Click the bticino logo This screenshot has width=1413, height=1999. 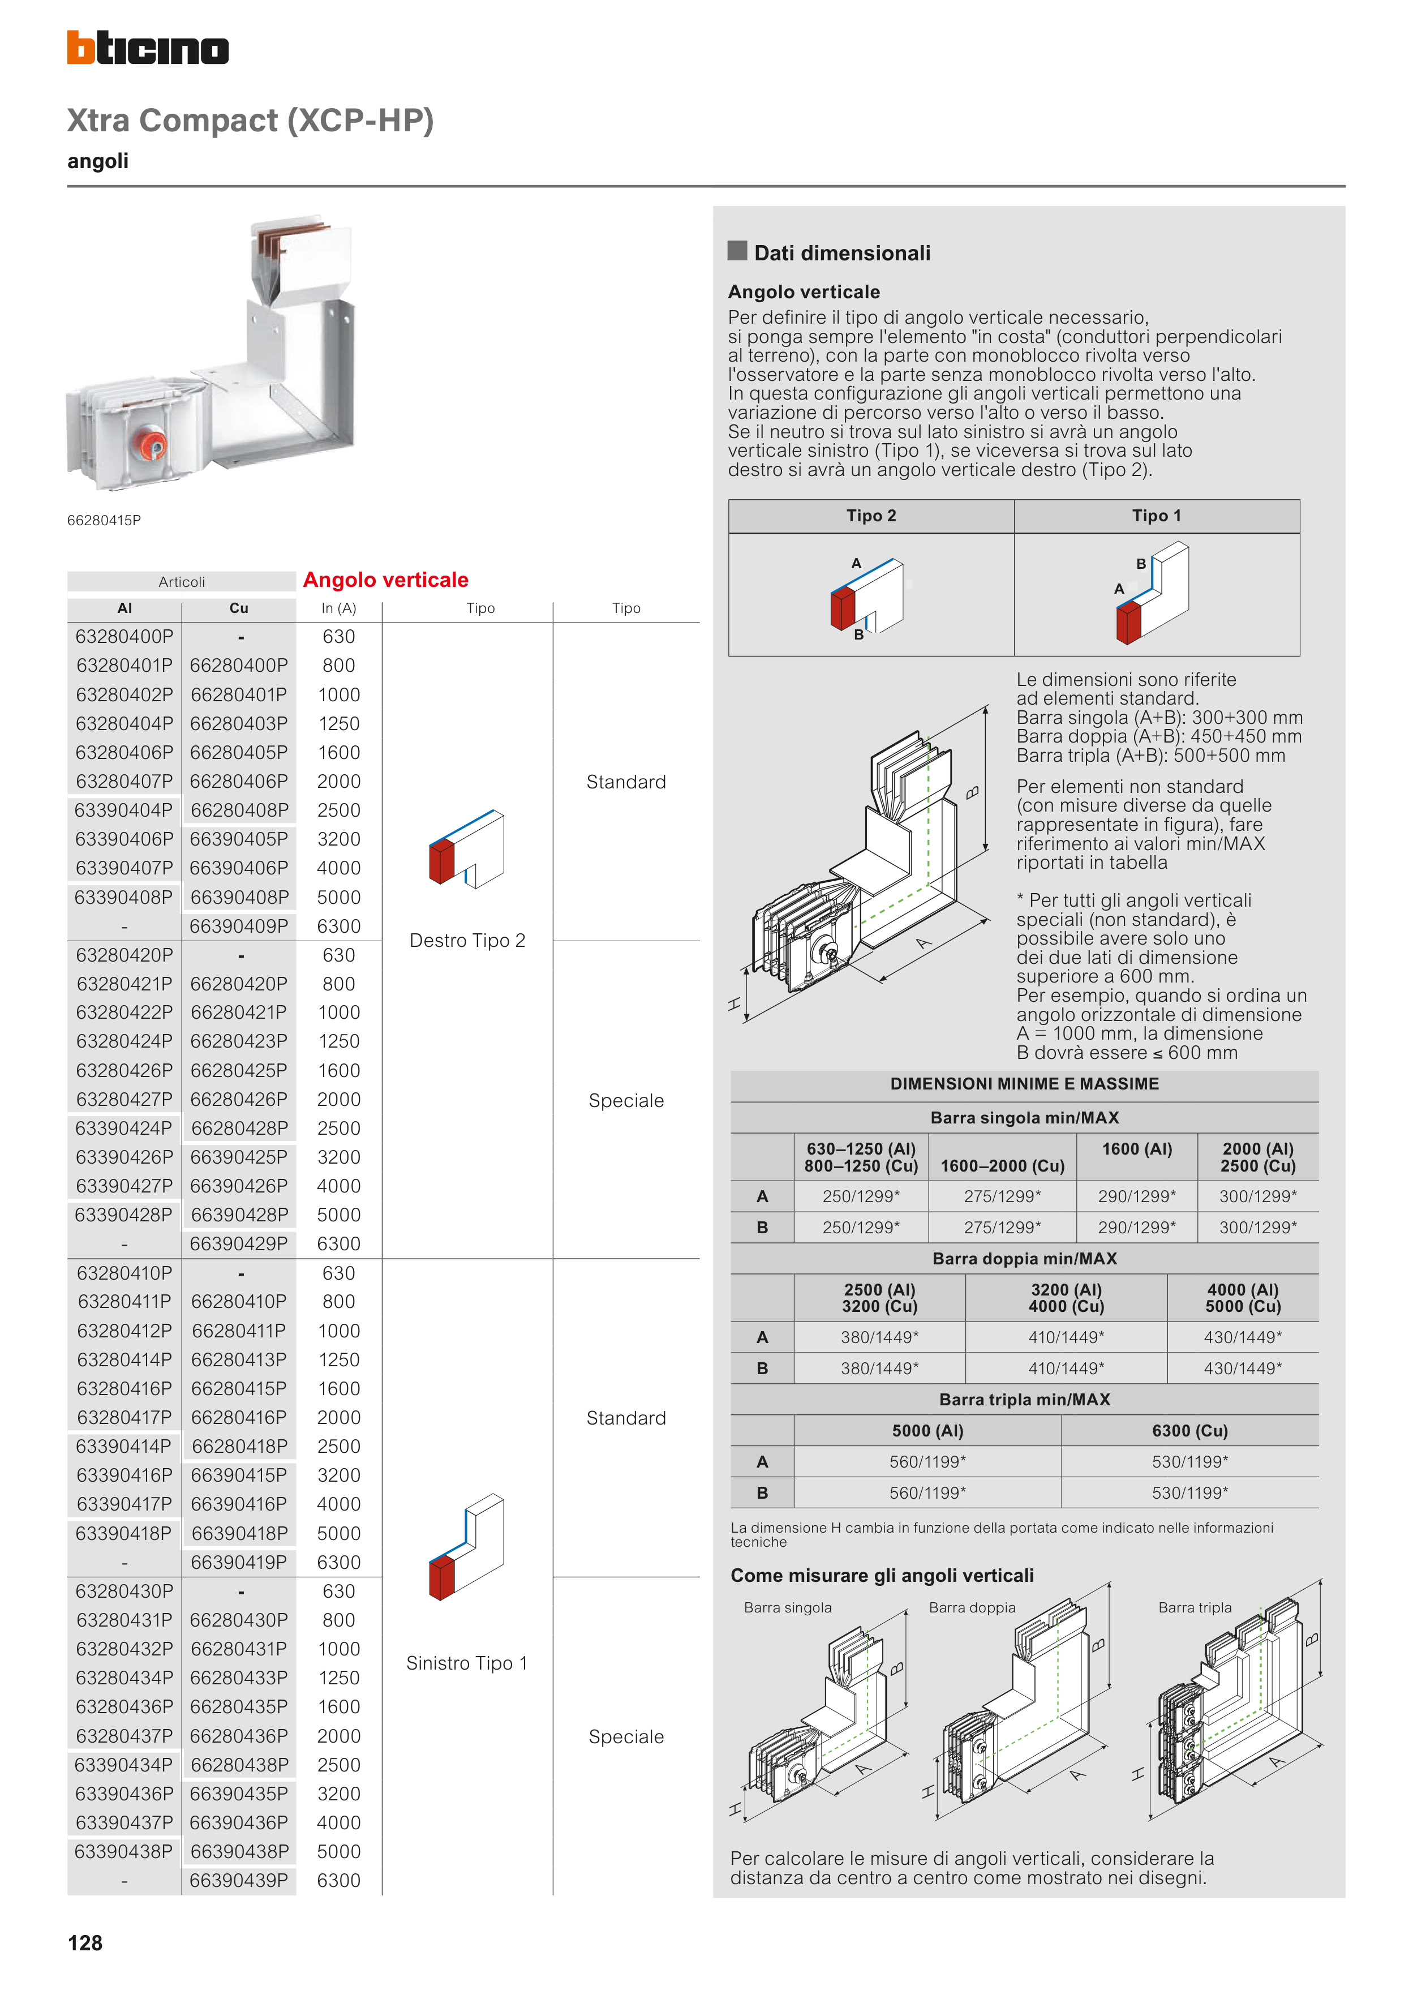148,48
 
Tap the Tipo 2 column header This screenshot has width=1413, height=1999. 871,516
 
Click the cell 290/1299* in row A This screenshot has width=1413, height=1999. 1136,1196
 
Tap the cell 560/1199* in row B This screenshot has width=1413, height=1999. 927,1492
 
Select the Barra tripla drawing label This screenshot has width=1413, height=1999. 1195,1607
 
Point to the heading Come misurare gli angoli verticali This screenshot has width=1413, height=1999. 882,1575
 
